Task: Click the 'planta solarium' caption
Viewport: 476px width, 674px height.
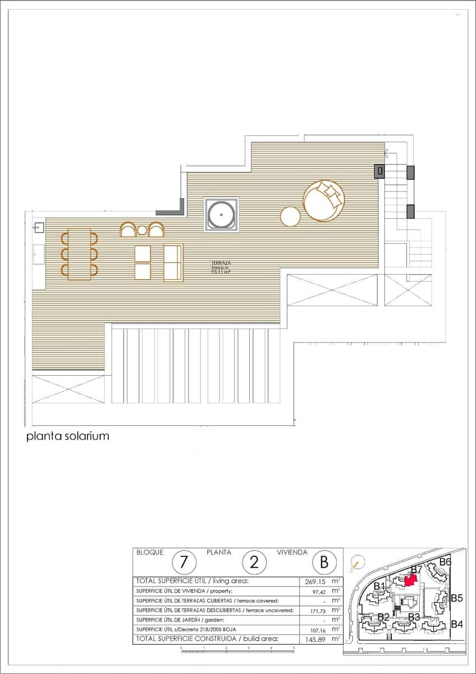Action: click(67, 436)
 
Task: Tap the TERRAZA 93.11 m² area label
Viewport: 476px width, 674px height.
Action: click(221, 267)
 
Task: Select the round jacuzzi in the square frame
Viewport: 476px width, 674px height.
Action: click(221, 214)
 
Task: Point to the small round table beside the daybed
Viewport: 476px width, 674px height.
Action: click(291, 217)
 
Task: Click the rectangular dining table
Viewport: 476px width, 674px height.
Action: click(79, 253)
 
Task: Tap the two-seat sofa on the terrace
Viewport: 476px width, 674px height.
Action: click(173, 262)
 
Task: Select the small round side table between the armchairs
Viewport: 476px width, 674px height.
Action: click(142, 230)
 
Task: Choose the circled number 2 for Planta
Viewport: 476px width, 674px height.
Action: click(254, 562)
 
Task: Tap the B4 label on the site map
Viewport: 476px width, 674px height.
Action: click(457, 624)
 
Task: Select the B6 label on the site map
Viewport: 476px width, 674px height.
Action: click(445, 562)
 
